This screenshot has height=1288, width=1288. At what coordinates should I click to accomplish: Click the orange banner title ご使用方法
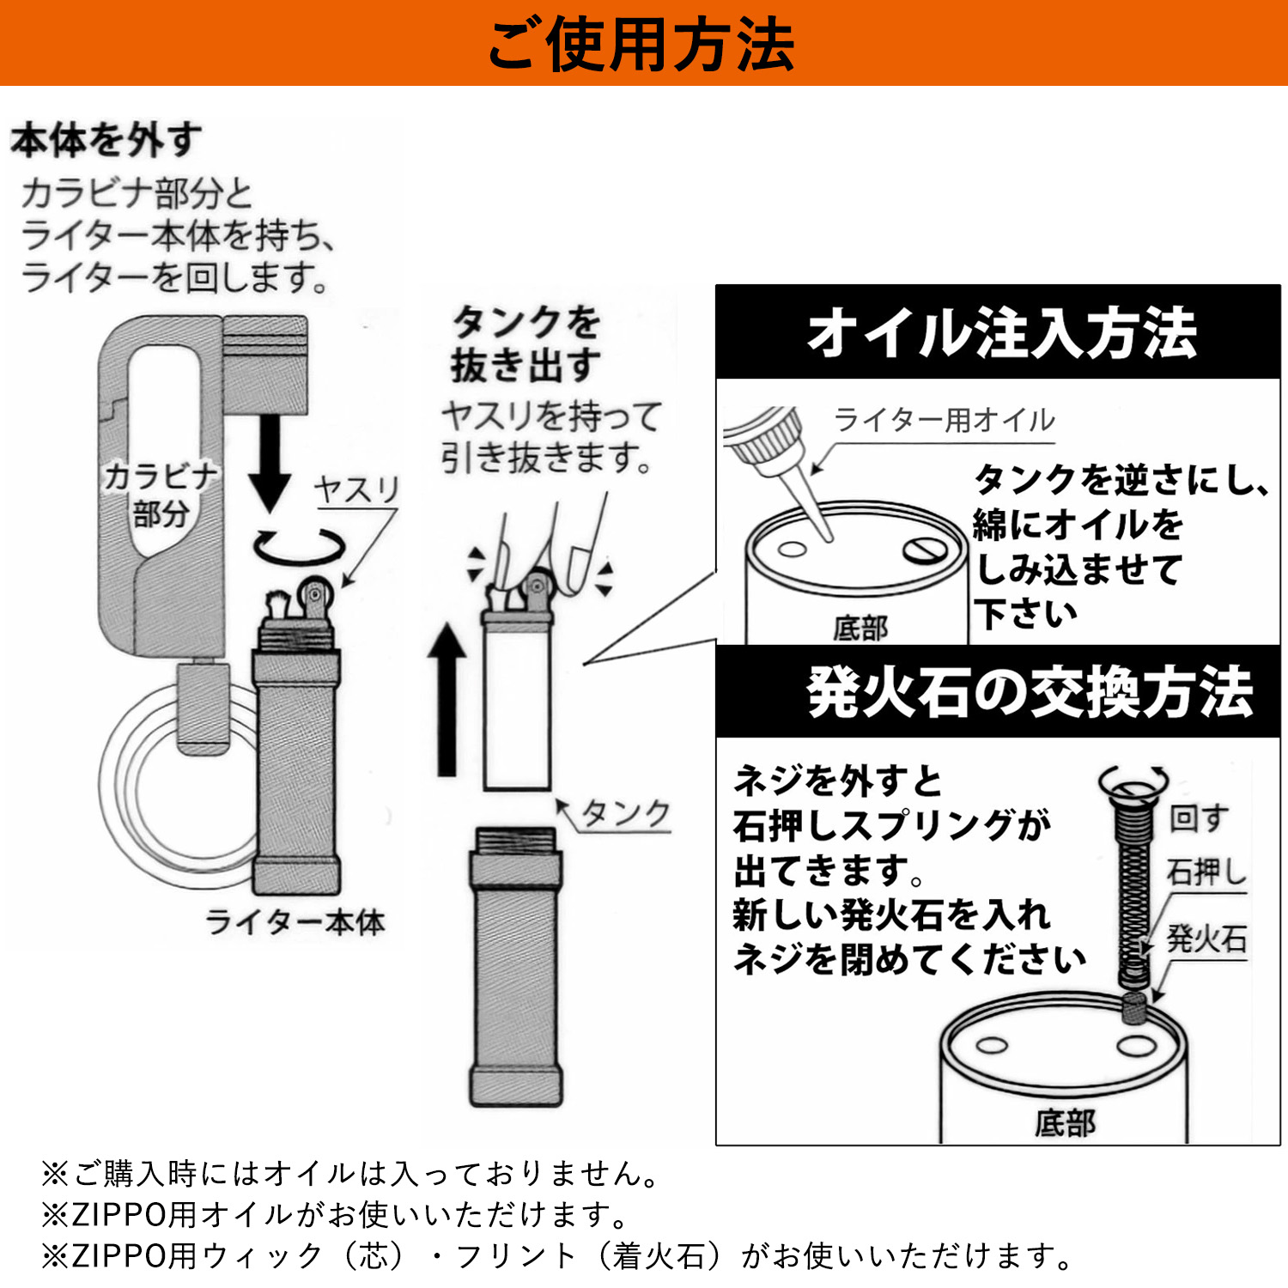[641, 45]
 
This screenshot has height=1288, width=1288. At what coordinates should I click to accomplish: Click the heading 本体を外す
[106, 140]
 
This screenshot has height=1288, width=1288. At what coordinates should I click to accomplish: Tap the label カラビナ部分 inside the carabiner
[161, 495]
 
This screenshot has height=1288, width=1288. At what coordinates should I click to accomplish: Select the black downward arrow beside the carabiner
[270, 464]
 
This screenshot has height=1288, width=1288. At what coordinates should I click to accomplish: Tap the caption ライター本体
[295, 922]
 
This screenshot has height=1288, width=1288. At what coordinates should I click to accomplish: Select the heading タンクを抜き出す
[526, 343]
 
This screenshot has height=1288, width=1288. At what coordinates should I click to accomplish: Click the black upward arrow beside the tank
[447, 700]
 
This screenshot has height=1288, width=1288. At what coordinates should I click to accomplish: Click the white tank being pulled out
[517, 700]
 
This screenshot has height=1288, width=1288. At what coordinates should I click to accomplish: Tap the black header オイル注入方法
[998, 332]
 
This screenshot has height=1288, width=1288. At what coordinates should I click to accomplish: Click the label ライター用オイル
[944, 420]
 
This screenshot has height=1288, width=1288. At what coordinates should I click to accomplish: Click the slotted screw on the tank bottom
[926, 550]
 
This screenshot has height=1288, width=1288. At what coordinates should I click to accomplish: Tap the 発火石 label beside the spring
[1206, 939]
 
